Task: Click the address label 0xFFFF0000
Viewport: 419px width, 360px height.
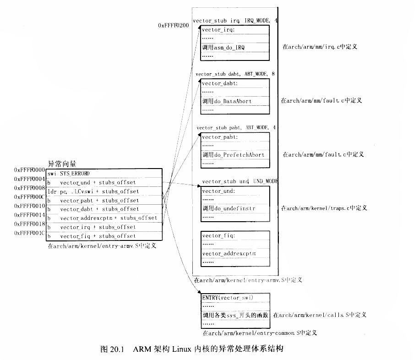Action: (x=29, y=170)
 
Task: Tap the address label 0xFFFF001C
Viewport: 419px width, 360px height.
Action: (x=29, y=233)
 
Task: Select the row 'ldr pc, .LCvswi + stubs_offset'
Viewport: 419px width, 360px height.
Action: (x=93, y=191)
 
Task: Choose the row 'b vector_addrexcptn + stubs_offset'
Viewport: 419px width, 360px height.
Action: (x=102, y=218)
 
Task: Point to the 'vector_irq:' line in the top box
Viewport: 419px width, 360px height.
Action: (x=218, y=30)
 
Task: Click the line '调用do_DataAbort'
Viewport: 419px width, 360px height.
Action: (x=227, y=101)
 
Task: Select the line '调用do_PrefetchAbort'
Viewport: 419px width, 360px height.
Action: (x=233, y=155)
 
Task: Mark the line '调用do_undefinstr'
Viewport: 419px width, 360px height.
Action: (x=229, y=208)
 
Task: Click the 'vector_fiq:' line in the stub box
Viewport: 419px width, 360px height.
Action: (x=218, y=236)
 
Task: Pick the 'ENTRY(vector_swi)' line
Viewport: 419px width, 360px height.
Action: (x=228, y=298)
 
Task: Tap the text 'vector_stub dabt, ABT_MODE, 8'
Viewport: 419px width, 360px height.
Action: (x=235, y=74)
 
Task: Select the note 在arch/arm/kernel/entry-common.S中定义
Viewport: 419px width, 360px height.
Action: (x=260, y=333)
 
